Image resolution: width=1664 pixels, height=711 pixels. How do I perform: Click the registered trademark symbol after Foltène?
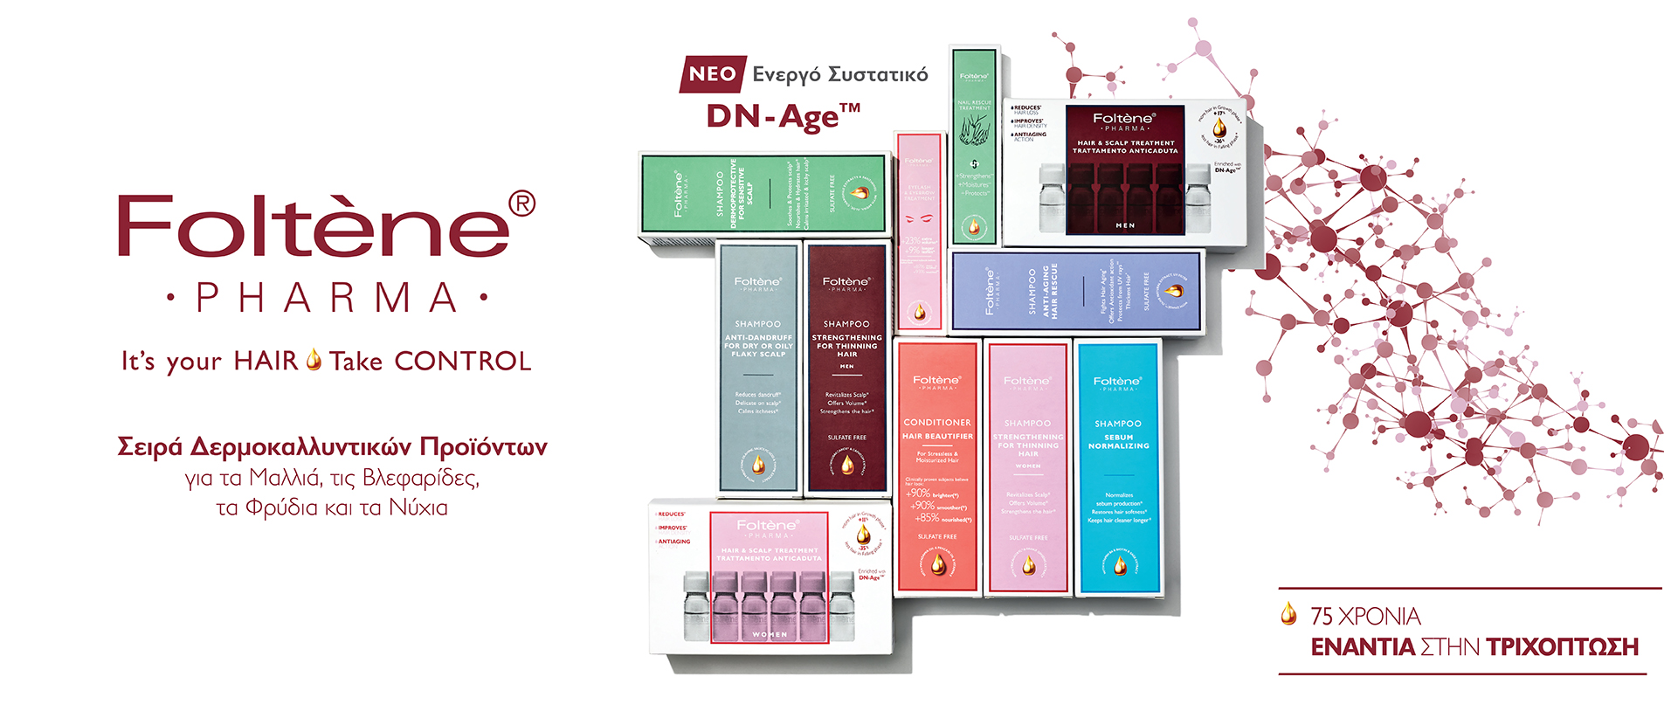tap(521, 204)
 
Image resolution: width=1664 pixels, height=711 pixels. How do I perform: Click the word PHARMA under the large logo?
tap(327, 299)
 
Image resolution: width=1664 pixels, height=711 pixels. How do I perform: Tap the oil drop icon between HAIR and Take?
tap(314, 360)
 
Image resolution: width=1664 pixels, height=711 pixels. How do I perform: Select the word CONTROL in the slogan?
tap(463, 362)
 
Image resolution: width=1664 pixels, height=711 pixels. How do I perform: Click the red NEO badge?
tap(713, 74)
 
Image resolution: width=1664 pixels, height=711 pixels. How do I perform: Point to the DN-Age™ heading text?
tap(783, 116)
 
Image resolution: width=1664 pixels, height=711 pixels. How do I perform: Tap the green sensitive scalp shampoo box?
tap(763, 193)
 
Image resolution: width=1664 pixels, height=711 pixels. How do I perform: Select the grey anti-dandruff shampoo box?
tap(757, 367)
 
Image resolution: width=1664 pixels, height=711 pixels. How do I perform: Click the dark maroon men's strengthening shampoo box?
tap(846, 367)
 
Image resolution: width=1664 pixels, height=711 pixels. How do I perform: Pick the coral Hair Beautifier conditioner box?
tap(937, 467)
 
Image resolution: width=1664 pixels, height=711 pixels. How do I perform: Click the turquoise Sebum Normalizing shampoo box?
tap(1118, 467)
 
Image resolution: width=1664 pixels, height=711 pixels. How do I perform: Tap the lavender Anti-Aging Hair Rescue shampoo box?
tap(1076, 291)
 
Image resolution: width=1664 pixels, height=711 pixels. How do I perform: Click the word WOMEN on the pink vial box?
tap(770, 635)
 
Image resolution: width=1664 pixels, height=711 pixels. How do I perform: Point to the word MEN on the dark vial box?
tap(1125, 225)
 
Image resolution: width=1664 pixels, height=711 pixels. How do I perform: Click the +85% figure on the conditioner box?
tap(928, 518)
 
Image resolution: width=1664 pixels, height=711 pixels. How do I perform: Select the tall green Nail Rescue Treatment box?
tap(974, 146)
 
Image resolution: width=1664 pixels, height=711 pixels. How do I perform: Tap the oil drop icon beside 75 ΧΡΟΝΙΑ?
tap(1288, 614)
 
